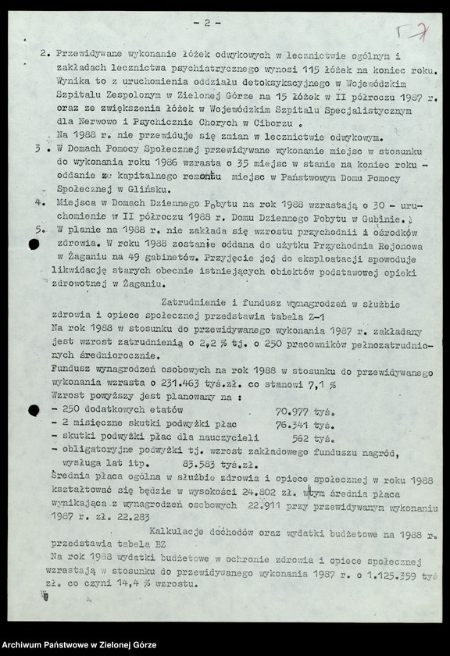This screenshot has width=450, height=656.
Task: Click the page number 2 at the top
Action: click(206, 23)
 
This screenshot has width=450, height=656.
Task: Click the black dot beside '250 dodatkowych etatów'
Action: click(34, 410)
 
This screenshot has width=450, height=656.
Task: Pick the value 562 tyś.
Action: click(311, 439)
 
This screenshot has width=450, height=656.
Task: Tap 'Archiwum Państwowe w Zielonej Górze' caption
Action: click(79, 645)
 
